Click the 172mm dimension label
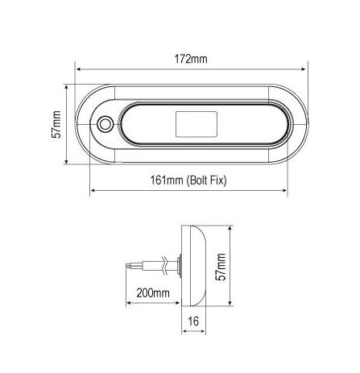(191, 59)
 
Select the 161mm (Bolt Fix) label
(188, 180)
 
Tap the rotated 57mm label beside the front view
(56, 124)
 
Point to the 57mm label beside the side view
(221, 267)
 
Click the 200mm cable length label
(153, 292)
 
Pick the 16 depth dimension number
(193, 321)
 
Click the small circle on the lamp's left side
(105, 124)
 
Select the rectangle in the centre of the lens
(197, 124)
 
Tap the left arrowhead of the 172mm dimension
(78, 69)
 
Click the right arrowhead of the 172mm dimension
(304, 69)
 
